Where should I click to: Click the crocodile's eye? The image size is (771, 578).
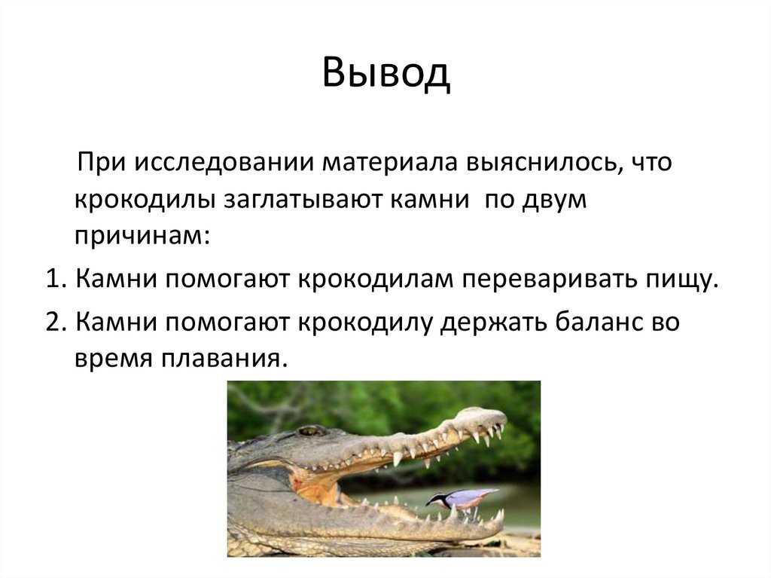tap(309, 431)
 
